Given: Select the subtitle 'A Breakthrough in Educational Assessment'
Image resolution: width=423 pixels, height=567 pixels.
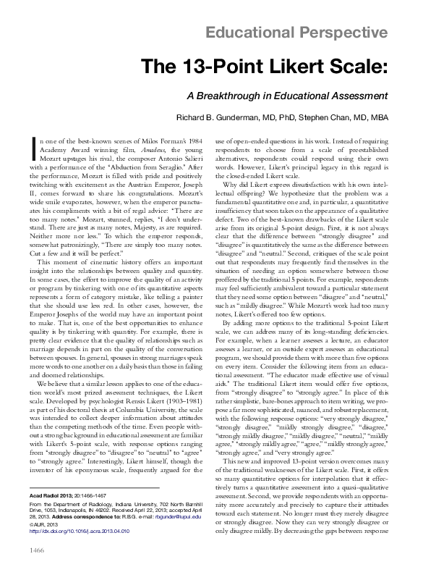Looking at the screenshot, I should click(x=288, y=96).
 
